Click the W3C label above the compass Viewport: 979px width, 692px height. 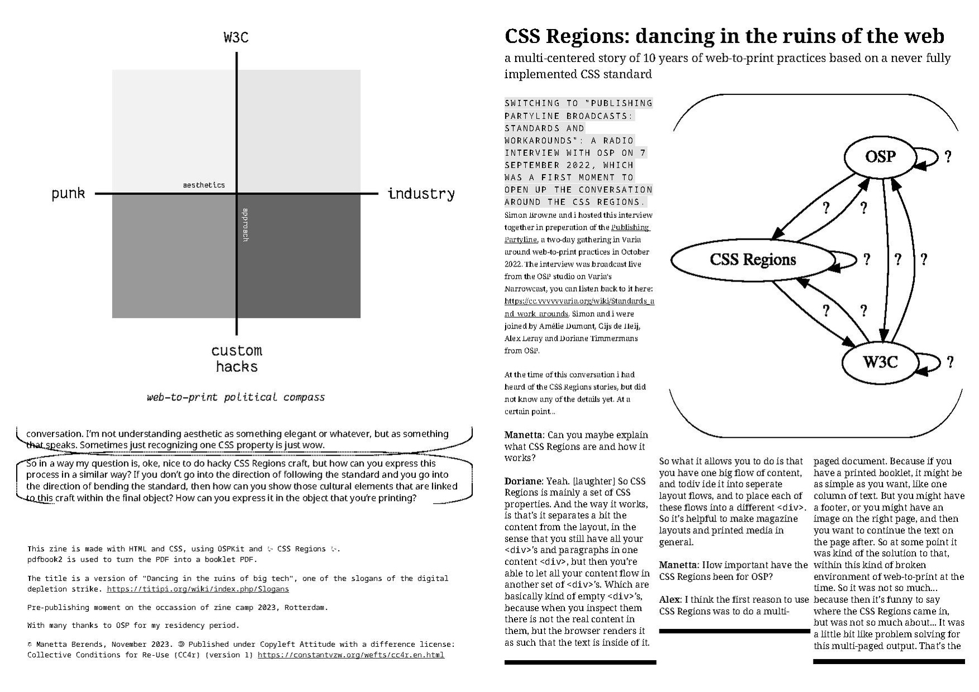point(236,37)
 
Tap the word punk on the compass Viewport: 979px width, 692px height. point(68,193)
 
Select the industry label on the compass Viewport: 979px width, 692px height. point(421,194)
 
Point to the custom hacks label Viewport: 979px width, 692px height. point(236,359)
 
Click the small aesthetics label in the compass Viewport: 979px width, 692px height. point(204,185)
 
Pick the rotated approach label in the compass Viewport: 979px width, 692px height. point(245,225)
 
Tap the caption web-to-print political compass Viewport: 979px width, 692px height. point(235,397)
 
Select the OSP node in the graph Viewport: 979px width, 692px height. point(880,157)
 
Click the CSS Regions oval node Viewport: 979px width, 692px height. point(753,260)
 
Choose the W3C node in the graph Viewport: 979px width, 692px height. point(880,362)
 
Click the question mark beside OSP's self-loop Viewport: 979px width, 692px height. point(948,157)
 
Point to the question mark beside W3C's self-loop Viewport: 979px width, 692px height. point(950,362)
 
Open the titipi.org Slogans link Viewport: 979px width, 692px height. point(198,589)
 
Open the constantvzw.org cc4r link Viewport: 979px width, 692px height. point(351,655)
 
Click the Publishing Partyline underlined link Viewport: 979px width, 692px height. point(630,227)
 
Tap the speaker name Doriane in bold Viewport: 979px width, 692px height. point(522,481)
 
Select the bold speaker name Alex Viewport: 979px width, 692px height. point(669,599)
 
